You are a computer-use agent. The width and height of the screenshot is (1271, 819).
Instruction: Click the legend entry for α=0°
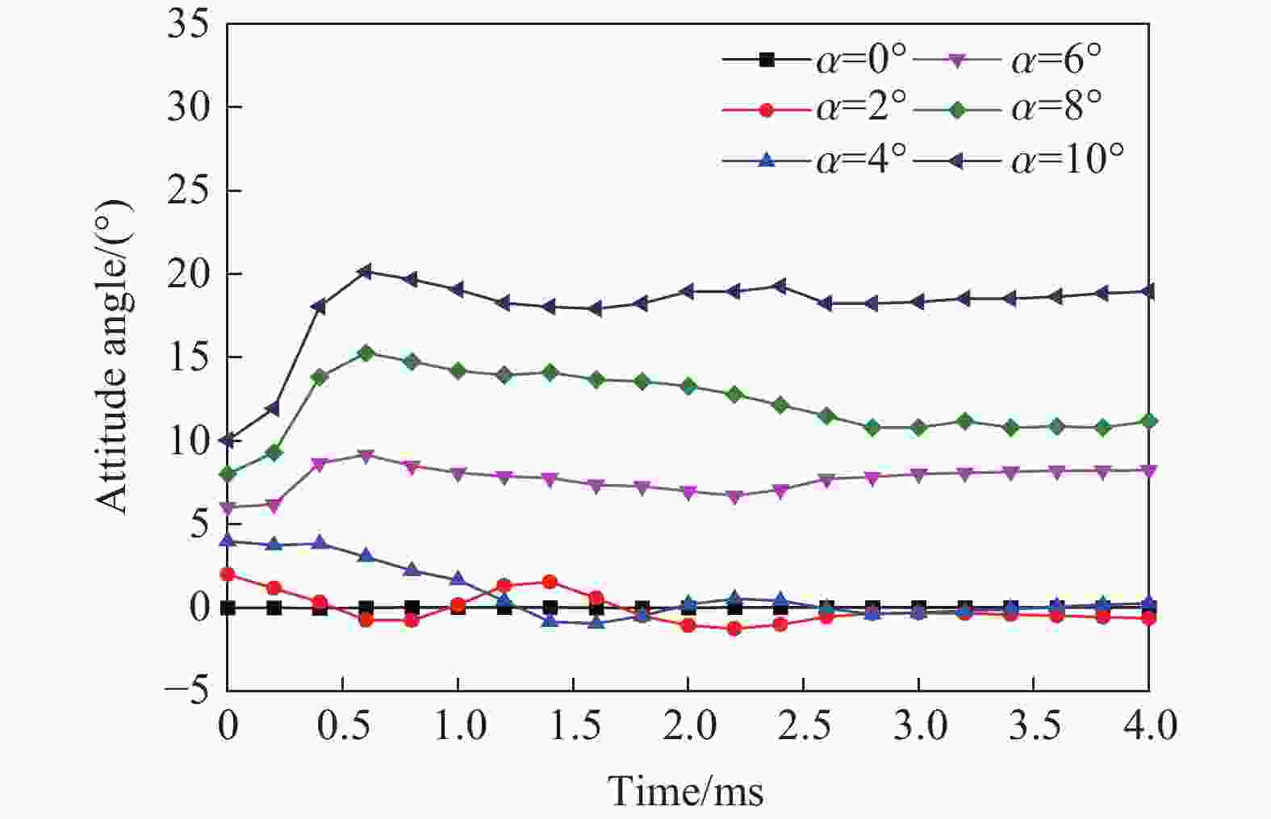(x=815, y=59)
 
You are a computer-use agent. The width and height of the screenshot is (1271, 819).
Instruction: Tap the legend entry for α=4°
(x=815, y=160)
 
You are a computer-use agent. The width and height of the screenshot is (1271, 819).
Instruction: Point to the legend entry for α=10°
(x=1021, y=160)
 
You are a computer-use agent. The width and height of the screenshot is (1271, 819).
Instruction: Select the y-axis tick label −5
(x=186, y=691)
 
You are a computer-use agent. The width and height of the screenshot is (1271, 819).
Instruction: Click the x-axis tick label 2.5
(x=803, y=726)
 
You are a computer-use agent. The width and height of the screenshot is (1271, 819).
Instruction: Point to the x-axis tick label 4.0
(x=1148, y=726)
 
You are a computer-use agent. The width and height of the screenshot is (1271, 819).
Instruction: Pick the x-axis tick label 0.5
(x=343, y=726)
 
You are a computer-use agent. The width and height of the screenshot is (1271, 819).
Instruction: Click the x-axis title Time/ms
(x=685, y=790)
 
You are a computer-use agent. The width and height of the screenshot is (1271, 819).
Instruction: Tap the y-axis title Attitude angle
(x=113, y=357)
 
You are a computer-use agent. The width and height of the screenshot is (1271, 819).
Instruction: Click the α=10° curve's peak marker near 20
(x=366, y=272)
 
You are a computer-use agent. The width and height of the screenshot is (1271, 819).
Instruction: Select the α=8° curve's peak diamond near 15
(x=366, y=353)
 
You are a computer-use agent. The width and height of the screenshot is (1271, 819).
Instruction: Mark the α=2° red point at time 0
(x=228, y=575)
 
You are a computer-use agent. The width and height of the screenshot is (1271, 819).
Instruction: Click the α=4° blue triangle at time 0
(x=228, y=541)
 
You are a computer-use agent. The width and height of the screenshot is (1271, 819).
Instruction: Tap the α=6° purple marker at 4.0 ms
(x=1148, y=470)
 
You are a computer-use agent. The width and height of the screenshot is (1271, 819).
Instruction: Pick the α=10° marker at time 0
(x=228, y=441)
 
